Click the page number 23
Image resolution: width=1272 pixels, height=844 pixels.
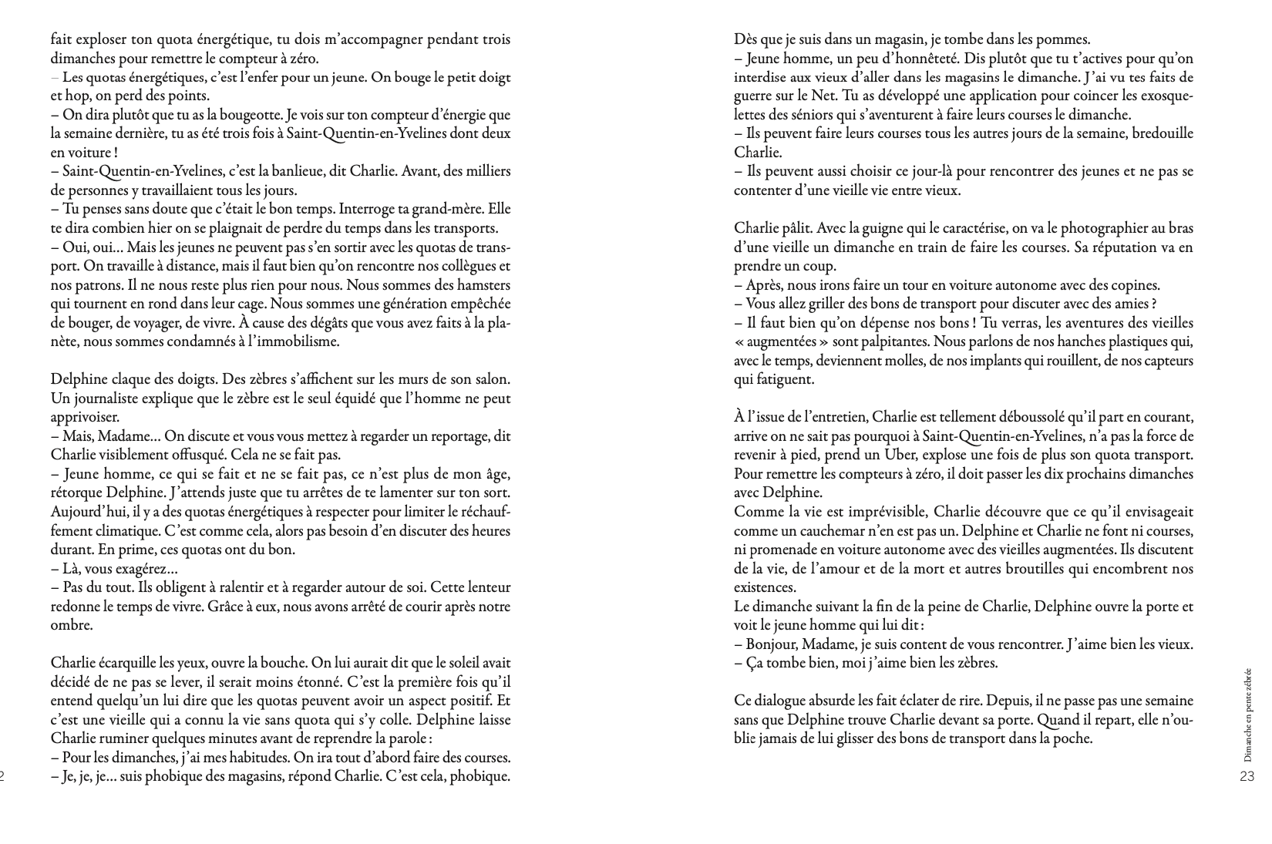(x=1247, y=777)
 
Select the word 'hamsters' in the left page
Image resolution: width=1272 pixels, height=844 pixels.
(x=483, y=285)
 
